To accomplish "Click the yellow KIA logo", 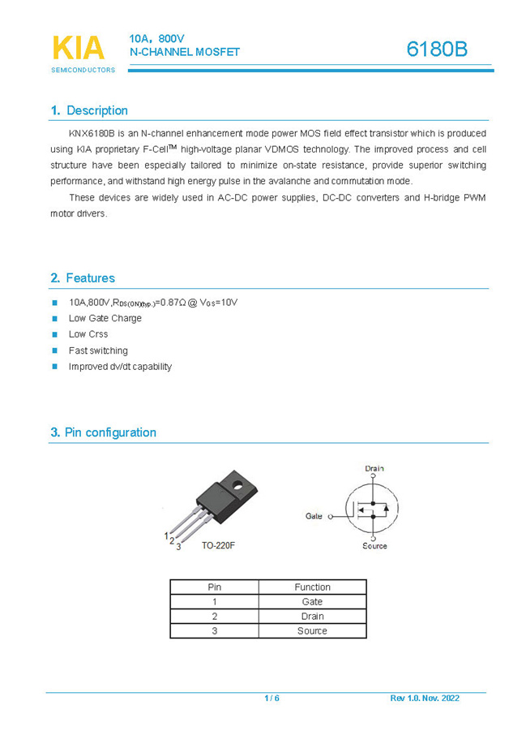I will point(79,48).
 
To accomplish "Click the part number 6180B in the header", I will point(437,49).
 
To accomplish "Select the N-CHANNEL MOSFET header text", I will point(185,52).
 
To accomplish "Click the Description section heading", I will point(89,111).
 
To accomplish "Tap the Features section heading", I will point(83,278).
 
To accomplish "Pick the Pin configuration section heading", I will point(103,432).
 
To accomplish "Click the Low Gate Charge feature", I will point(105,318).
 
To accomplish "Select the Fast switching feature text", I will point(98,350).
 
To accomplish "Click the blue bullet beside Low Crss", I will point(55,334).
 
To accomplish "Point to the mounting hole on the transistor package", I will point(238,487).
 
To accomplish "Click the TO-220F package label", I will point(218,545).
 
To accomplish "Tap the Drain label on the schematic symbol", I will point(374,468).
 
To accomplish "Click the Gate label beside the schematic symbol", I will point(314,515).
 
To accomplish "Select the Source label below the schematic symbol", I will point(374,546).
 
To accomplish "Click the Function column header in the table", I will point(312,587).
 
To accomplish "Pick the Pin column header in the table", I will point(215,587).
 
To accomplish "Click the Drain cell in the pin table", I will point(312,617).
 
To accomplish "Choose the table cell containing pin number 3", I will point(215,630).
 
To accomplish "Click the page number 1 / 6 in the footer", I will point(272,699).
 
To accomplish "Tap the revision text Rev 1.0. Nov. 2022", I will point(425,699).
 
